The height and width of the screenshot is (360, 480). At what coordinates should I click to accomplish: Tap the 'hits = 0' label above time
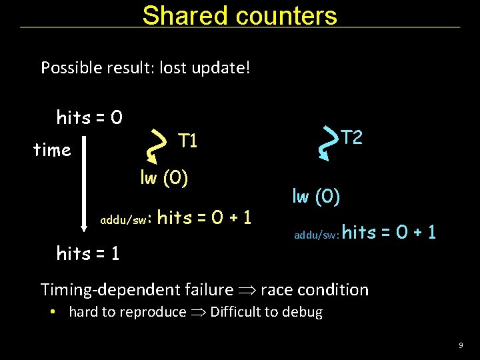click(89, 118)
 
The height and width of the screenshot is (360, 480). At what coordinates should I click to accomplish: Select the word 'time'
click(52, 150)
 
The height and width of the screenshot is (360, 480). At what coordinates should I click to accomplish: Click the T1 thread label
click(187, 141)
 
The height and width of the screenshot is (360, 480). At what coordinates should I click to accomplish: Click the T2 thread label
click(352, 137)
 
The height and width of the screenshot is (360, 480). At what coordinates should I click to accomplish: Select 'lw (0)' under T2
click(316, 196)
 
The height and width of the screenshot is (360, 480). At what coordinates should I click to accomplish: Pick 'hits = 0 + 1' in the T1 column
click(204, 217)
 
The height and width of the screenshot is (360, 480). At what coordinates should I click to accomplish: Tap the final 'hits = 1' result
click(88, 253)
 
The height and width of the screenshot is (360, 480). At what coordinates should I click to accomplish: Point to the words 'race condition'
click(314, 289)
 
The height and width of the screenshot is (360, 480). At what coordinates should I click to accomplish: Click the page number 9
click(461, 345)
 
